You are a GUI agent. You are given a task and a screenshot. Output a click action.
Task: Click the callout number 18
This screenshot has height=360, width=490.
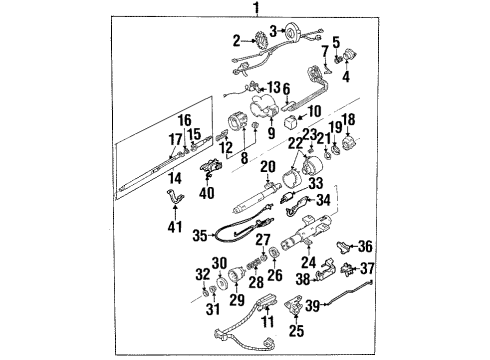[350, 119]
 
